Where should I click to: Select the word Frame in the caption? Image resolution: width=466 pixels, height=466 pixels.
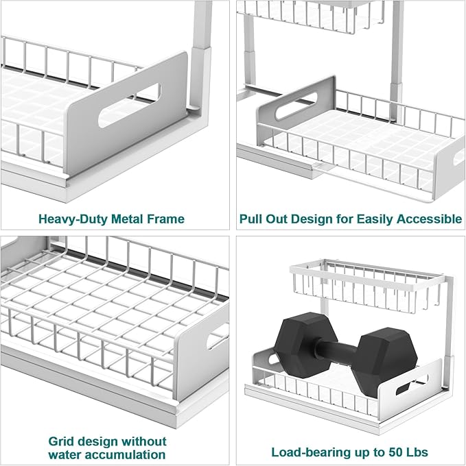tap(165, 219)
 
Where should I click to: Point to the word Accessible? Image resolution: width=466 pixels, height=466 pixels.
tap(428, 219)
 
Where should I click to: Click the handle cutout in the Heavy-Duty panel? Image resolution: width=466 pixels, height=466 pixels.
tap(129, 104)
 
